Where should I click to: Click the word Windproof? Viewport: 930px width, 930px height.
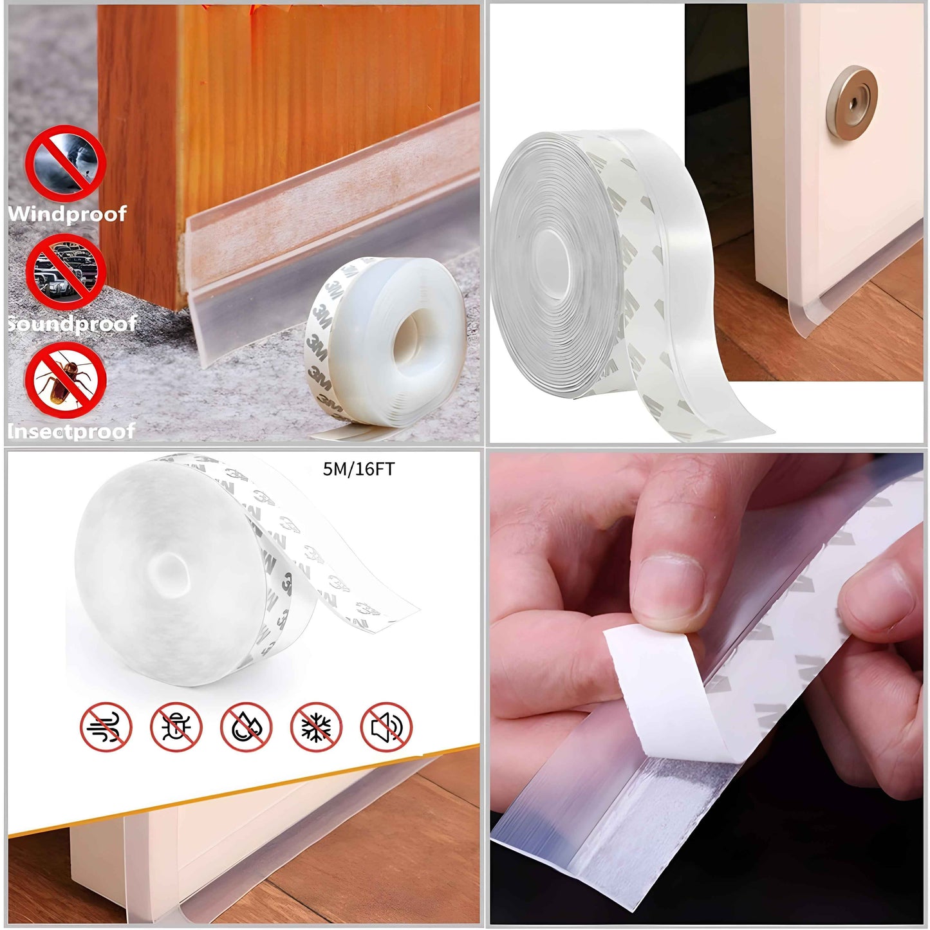[x=67, y=214]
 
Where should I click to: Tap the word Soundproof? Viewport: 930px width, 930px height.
[x=72, y=323]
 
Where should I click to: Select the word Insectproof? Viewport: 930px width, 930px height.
[x=71, y=431]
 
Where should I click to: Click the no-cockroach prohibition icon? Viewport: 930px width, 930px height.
[x=66, y=380]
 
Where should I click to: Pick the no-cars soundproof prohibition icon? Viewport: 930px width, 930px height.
[x=66, y=271]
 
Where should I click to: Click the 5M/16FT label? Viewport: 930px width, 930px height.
[x=358, y=469]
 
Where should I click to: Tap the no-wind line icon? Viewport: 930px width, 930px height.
[x=106, y=727]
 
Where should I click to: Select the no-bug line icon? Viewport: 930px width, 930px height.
[x=176, y=727]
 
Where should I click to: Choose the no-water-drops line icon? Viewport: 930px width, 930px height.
[x=246, y=727]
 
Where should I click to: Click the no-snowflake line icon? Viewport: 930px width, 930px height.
[x=317, y=727]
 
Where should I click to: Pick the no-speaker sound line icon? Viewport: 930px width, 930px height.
[x=386, y=727]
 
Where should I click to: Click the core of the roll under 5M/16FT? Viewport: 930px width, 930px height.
[x=169, y=572]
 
